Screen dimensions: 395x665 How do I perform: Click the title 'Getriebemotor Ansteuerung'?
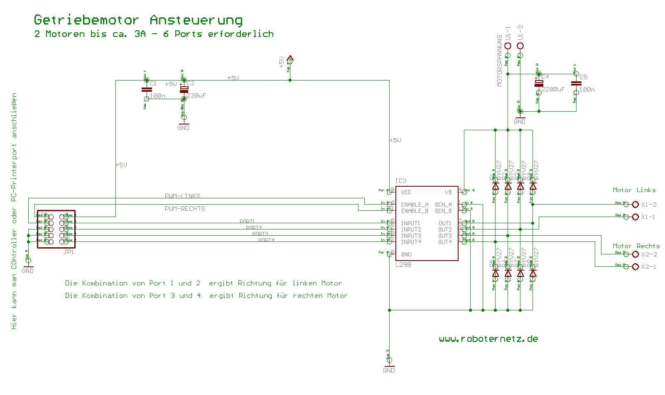138,20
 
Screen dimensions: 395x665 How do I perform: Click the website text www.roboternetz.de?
488,339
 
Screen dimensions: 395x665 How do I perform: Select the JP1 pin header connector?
56,229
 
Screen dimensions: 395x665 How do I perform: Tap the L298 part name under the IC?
403,265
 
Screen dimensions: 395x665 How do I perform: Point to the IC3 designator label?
401,181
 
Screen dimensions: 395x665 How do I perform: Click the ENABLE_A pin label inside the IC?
415,205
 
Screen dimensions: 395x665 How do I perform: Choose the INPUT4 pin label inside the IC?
411,242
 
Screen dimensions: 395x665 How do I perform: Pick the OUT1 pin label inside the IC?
445,223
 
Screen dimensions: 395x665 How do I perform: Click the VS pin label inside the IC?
448,192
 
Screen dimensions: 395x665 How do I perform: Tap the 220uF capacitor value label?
196,95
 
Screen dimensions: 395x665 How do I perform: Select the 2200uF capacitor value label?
553,89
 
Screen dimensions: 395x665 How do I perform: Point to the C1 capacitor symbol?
147,89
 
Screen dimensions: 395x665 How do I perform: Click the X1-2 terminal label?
649,205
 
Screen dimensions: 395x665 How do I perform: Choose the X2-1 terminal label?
649,267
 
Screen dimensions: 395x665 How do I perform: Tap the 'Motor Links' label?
634,190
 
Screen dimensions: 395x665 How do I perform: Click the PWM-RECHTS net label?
185,209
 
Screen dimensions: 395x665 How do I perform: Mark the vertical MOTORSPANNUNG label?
500,61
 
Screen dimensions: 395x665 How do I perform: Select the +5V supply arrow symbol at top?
290,59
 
